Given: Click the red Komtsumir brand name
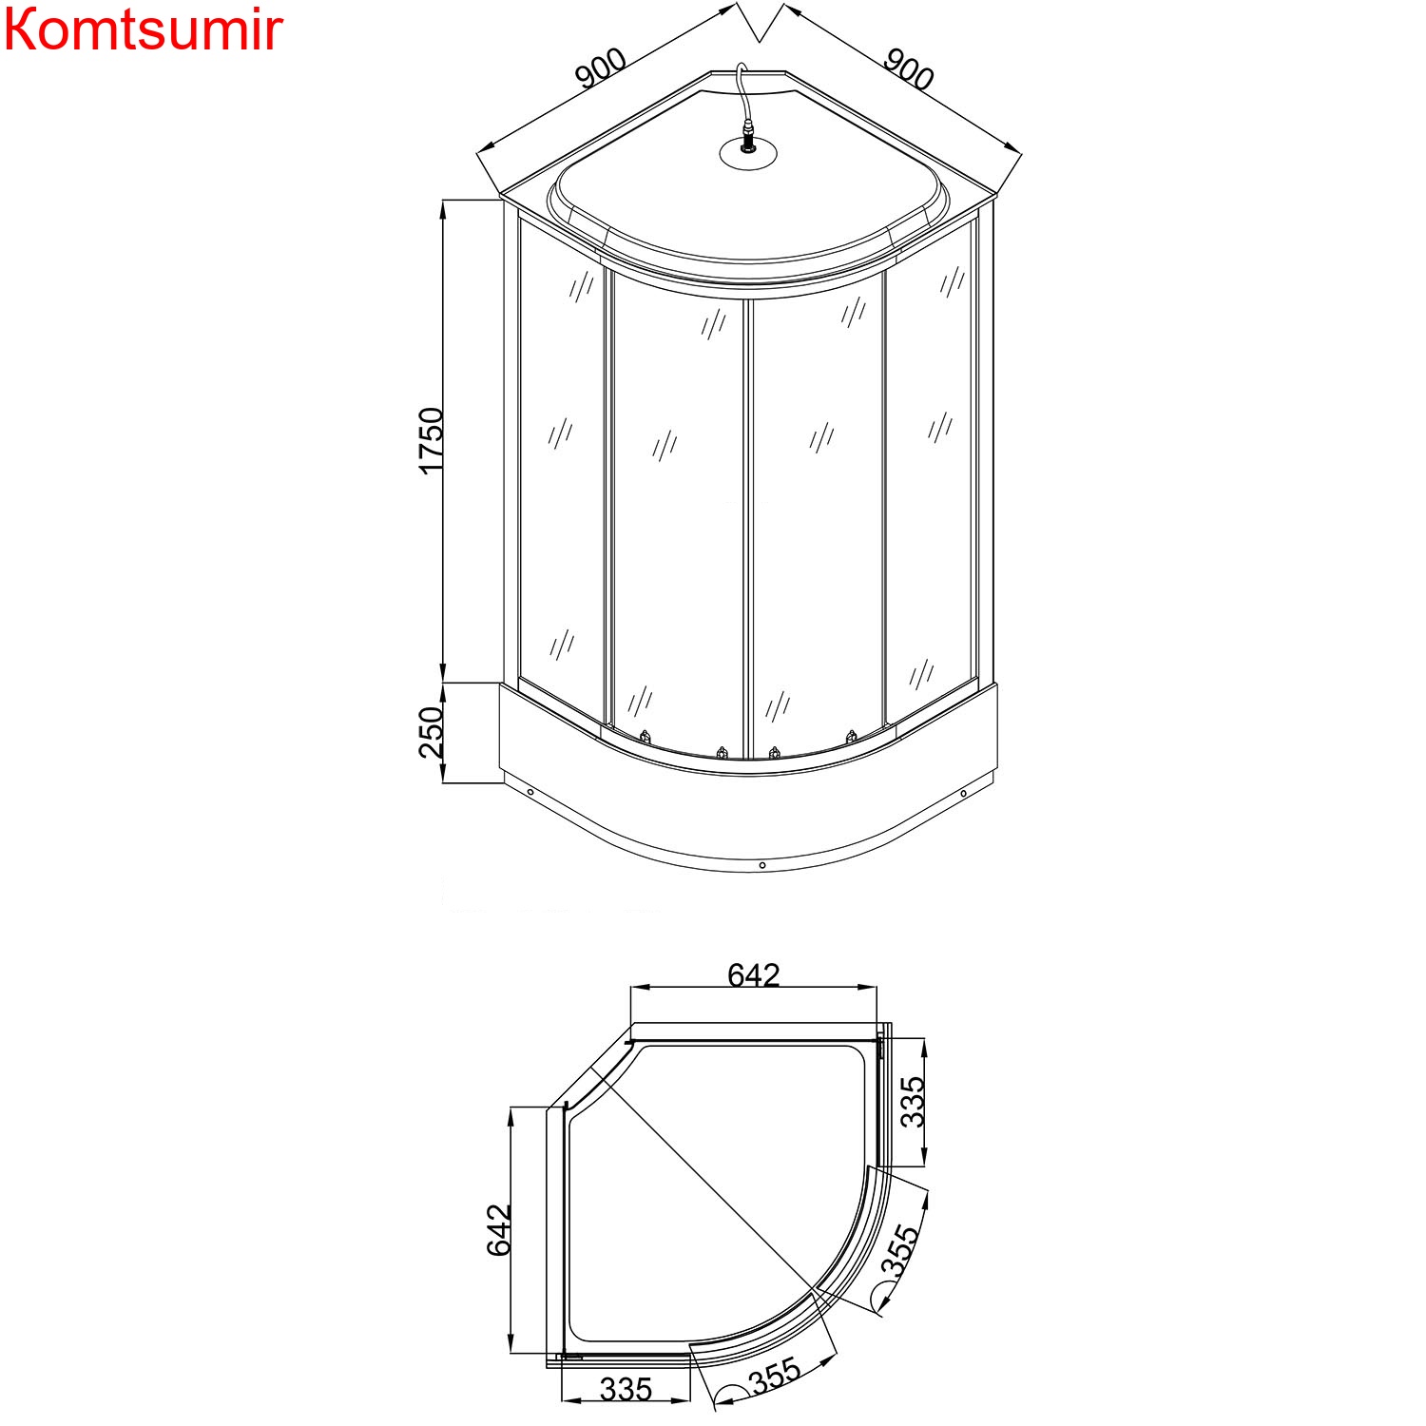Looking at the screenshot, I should click(143, 30).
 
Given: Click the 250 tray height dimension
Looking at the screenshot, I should click(431, 732).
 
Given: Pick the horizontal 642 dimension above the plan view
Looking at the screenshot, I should click(753, 975).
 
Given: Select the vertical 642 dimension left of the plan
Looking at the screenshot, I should click(499, 1230).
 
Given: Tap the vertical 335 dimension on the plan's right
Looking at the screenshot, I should click(912, 1101).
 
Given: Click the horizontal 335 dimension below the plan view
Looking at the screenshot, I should click(626, 1390).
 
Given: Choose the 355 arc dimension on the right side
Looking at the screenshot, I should click(899, 1250).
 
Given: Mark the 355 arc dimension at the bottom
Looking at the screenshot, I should click(775, 1375).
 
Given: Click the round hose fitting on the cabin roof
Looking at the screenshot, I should click(748, 150).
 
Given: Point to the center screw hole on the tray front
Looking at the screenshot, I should click(762, 865).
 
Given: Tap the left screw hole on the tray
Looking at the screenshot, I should click(530, 793).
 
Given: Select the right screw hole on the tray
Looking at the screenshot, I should click(963, 794).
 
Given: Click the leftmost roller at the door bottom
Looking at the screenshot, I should click(646, 737).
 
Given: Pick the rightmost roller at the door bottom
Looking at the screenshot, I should click(851, 737).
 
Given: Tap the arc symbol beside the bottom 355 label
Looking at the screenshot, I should click(731, 1395).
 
